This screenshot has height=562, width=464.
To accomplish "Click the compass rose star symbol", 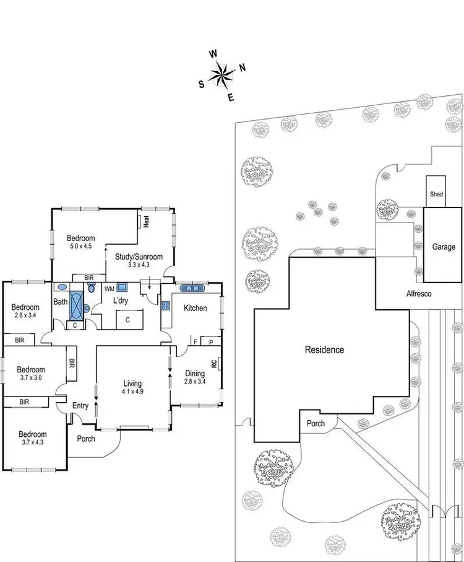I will (221, 75).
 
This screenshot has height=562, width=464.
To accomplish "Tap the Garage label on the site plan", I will (444, 247).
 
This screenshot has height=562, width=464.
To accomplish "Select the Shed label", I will (436, 195).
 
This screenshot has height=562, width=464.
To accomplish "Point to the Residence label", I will (324, 349).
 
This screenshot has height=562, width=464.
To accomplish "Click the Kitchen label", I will (194, 308).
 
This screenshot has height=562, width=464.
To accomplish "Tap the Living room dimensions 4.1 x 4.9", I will (133, 392).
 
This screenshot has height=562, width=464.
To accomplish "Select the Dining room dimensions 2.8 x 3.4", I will (195, 381).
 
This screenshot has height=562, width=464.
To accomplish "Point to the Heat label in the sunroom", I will (147, 221).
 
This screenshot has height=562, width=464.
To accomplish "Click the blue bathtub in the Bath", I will (77, 305).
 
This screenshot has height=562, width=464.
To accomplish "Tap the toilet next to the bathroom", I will (92, 288).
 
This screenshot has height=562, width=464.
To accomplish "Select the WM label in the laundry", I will (109, 288).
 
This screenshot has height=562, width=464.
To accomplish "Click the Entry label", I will (80, 406).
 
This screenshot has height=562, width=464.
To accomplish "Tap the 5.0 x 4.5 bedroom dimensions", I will (81, 246).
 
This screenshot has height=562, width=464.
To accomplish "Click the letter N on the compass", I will (243, 68).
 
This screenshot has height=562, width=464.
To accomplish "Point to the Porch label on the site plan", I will (316, 424).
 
